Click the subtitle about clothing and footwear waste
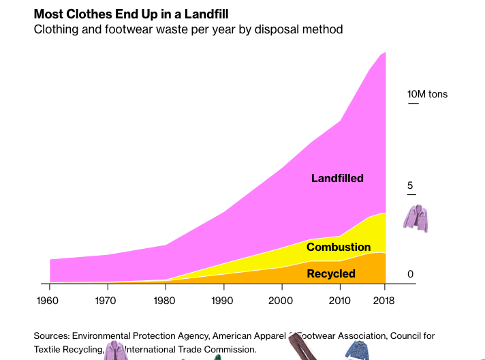click(x=188, y=29)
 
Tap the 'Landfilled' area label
click(x=337, y=178)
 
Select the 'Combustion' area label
click(x=339, y=247)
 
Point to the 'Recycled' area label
click(x=331, y=273)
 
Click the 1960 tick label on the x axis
click(x=48, y=301)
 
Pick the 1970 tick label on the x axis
click(x=106, y=301)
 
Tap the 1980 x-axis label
click(x=165, y=301)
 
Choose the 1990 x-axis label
click(x=223, y=301)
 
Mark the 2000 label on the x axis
click(x=281, y=301)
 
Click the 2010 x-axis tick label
click(x=340, y=301)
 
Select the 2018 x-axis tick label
click(x=386, y=301)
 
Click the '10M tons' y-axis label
click(x=427, y=94)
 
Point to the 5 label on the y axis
click(x=410, y=185)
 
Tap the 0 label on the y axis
click(x=410, y=273)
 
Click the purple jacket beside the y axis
click(x=416, y=217)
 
